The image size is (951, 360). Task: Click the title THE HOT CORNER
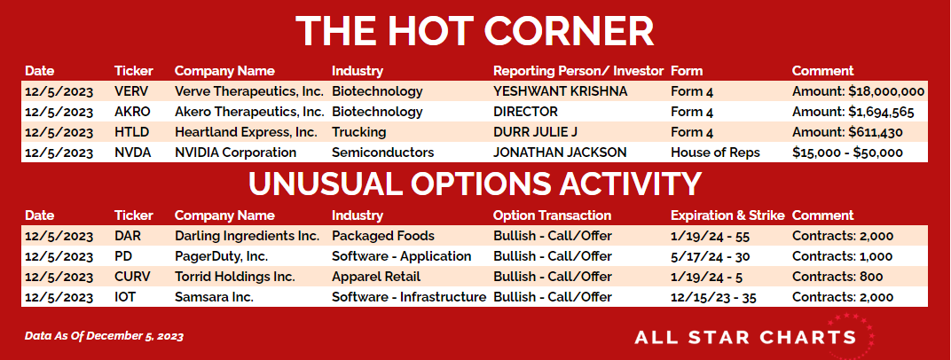(x=475, y=31)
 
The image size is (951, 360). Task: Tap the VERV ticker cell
(x=131, y=91)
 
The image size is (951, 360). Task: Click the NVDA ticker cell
(x=132, y=153)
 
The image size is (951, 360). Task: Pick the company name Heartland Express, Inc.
(x=246, y=132)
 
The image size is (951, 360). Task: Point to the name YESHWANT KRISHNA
(x=561, y=91)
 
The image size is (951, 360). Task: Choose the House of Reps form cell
(x=715, y=153)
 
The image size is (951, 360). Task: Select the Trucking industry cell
(x=358, y=132)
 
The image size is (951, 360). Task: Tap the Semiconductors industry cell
(x=382, y=153)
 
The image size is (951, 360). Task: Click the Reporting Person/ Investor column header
(x=578, y=71)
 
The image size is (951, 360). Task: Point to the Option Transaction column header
(x=552, y=215)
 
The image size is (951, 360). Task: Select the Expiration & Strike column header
(x=727, y=215)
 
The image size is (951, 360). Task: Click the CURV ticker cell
(x=132, y=277)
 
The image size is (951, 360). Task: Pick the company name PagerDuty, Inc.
(x=222, y=256)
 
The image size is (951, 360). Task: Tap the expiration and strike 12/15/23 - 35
(x=713, y=298)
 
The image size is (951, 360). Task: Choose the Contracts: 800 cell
(x=837, y=277)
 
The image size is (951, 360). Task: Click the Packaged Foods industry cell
(x=382, y=236)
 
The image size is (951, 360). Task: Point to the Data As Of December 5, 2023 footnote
(x=104, y=336)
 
